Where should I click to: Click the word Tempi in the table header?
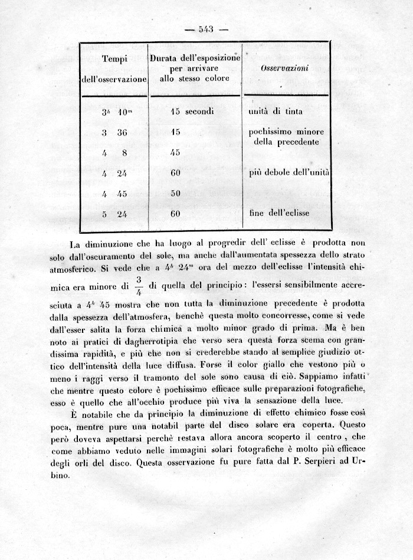point(115,58)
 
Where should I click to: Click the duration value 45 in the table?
point(175,152)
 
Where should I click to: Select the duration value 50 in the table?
point(175,193)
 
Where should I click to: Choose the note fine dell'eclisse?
point(279,212)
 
